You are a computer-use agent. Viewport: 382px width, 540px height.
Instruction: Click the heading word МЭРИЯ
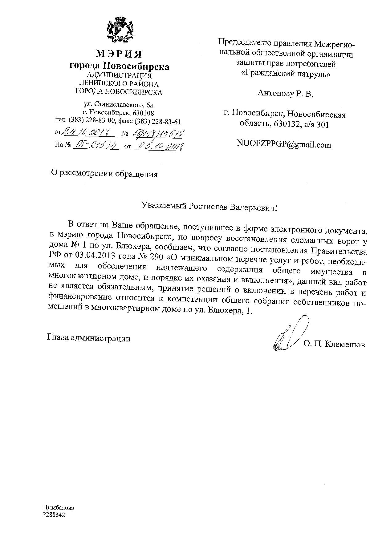coord(119,54)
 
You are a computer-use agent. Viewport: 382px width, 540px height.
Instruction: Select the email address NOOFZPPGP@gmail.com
coord(284,144)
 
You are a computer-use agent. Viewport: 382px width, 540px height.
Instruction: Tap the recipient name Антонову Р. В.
coord(285,94)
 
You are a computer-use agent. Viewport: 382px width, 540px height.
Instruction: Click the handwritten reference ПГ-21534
coord(96,144)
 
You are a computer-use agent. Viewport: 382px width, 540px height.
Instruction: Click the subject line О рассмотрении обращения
coord(104,174)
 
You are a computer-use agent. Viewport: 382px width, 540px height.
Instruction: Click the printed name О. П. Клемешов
coord(334,345)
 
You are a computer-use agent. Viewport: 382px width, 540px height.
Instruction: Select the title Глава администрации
coord(89,338)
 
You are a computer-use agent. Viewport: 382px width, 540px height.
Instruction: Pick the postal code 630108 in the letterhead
coord(144,113)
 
